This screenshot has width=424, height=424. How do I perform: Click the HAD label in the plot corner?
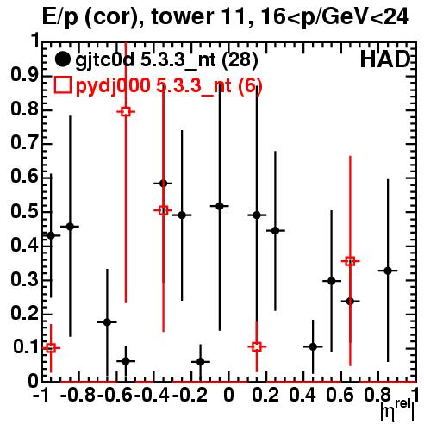(385, 59)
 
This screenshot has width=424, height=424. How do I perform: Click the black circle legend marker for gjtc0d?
(62, 59)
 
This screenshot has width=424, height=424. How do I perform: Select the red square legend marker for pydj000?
(62, 84)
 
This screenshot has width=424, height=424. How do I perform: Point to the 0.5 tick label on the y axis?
(24, 212)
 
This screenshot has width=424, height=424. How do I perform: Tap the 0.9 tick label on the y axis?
(24, 75)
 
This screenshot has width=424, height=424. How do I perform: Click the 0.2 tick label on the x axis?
(265, 395)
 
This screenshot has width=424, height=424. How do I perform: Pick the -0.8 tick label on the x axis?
(78, 395)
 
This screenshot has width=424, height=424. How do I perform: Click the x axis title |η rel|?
(397, 410)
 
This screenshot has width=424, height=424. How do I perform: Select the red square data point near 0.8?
(126, 111)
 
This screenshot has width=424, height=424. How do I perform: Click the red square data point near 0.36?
(350, 261)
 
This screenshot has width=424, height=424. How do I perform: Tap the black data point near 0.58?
(163, 184)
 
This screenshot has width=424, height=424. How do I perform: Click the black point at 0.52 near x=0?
(220, 206)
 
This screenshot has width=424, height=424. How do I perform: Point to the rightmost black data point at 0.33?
(388, 271)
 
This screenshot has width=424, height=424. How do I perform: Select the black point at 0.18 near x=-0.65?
(107, 322)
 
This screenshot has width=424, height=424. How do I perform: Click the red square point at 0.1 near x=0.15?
(257, 346)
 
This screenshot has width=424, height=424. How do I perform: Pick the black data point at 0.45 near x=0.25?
(275, 230)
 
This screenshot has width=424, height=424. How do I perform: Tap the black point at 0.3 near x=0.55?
(332, 281)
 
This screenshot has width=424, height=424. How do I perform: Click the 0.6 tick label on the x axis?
(340, 395)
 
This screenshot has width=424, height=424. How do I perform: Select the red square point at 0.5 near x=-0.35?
(163, 210)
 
